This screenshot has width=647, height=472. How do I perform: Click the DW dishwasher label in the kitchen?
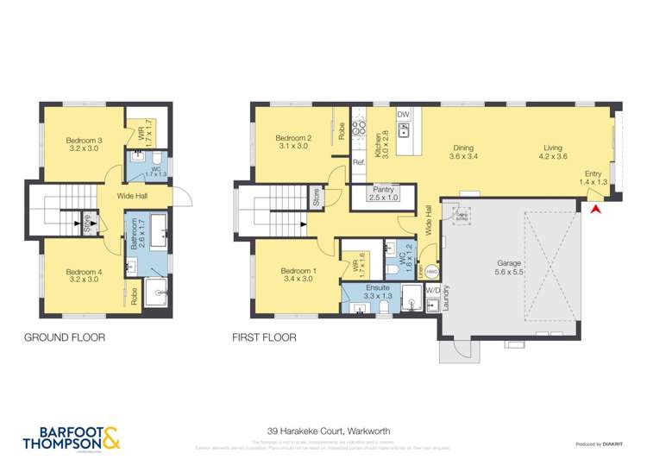403,115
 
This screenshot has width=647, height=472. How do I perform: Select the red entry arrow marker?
594,208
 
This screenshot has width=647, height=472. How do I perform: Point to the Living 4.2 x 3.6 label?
553,152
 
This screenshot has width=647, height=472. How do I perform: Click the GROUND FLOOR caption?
65,338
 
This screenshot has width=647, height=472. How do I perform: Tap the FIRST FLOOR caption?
264,338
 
